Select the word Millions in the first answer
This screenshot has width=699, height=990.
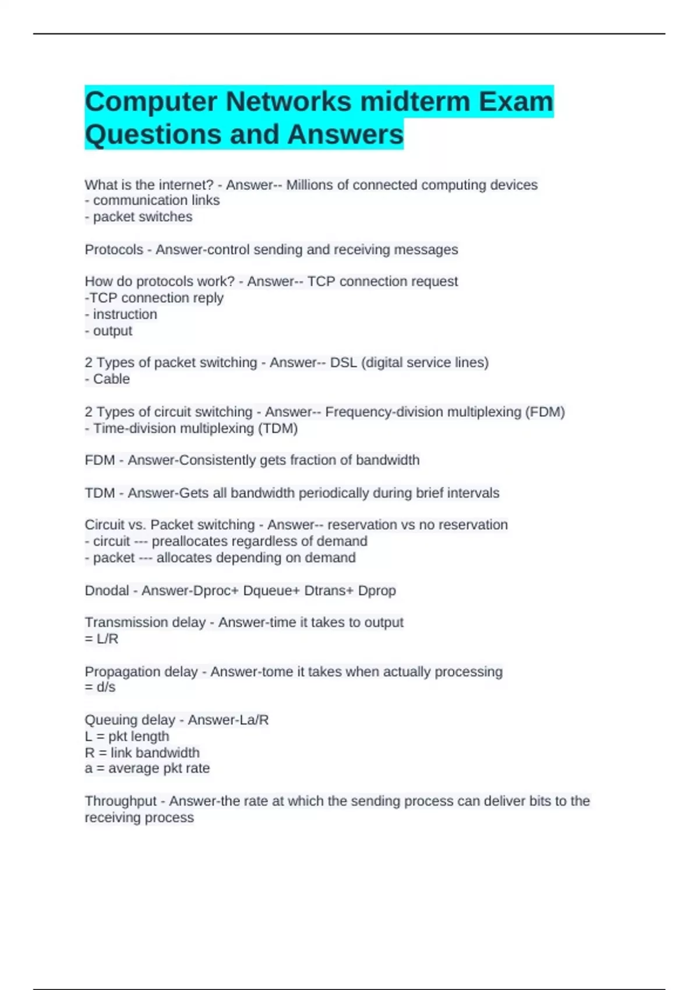pyautogui.click(x=309, y=185)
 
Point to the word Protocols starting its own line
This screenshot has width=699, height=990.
pyautogui.click(x=114, y=250)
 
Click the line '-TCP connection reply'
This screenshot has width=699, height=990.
pyautogui.click(x=154, y=298)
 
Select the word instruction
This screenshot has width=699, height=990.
pyautogui.click(x=125, y=314)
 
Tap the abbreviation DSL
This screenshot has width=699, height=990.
pyautogui.click(x=343, y=363)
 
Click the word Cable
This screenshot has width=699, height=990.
pyautogui.click(x=111, y=379)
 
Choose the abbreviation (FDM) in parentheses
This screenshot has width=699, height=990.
pyautogui.click(x=545, y=412)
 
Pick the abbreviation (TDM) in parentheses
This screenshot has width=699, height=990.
pyautogui.click(x=277, y=429)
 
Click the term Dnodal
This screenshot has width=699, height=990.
pyautogui.click(x=106, y=591)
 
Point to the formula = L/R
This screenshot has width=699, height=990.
pyautogui.click(x=101, y=639)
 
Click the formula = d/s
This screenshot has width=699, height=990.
pyautogui.click(x=100, y=687)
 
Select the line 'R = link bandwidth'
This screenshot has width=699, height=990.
pyautogui.click(x=142, y=752)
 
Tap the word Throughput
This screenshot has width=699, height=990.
pyautogui.click(x=121, y=801)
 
